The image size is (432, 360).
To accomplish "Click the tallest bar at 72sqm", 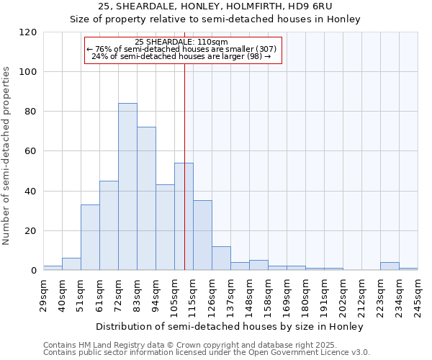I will [x=127, y=187].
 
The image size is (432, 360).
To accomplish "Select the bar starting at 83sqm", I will [x=146, y=199].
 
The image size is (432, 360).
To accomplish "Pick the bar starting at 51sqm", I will [x=90, y=238].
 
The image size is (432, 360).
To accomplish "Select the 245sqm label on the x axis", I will [x=418, y=295].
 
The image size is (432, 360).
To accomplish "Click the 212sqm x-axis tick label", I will [x=362, y=295].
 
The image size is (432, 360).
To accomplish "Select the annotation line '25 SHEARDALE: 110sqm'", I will [x=181, y=42].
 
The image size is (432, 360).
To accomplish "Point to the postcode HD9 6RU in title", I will [x=312, y=6].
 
